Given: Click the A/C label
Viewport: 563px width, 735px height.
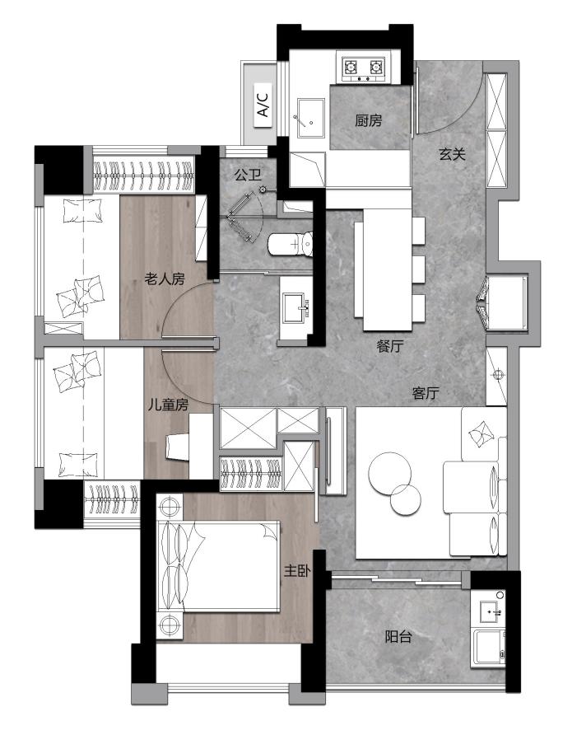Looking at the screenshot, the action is tap(263, 105).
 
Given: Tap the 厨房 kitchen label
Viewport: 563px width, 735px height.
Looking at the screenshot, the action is tap(369, 121).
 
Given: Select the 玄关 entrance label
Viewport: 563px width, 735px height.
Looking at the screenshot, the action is tap(452, 154).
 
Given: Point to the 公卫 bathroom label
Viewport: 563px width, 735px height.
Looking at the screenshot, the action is tap(249, 176).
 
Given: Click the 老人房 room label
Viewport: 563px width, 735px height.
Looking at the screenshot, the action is tap(165, 279).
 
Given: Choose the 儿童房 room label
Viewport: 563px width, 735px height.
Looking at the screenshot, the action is tap(168, 405).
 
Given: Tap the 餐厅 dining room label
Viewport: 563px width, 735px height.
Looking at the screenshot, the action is tap(389, 346).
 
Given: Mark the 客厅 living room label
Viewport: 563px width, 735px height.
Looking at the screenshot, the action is tap(426, 393).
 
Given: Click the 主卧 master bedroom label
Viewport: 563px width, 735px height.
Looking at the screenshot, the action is tap(297, 571).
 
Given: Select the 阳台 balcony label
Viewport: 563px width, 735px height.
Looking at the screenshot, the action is tap(398, 637).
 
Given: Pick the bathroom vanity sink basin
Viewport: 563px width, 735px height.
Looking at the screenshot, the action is tap(295, 307).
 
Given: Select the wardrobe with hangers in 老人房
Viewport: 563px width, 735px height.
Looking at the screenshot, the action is tap(144, 176).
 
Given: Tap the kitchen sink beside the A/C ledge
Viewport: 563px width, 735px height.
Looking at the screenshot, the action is tap(310, 118).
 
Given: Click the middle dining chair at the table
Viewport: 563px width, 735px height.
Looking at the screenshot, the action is tap(418, 269).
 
